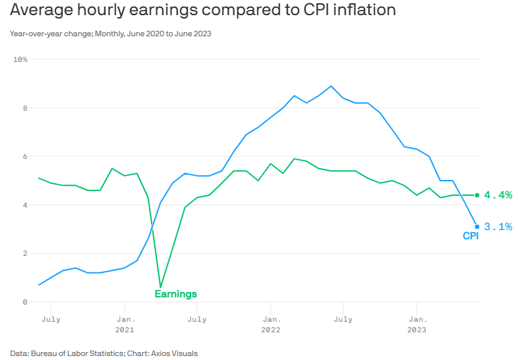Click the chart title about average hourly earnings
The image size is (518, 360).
pyautogui.click(x=203, y=11)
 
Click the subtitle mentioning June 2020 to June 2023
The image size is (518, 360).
pyautogui.click(x=111, y=33)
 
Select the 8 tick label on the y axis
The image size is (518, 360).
pyautogui.click(x=24, y=108)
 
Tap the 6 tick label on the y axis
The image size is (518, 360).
pyautogui.click(x=24, y=157)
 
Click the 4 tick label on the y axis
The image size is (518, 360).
pyautogui.click(x=24, y=205)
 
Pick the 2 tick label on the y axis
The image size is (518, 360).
pyautogui.click(x=24, y=254)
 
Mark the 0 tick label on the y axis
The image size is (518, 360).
pyautogui.click(x=24, y=302)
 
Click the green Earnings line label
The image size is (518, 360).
pyautogui.click(x=175, y=294)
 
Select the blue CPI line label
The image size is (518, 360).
pyautogui.click(x=470, y=236)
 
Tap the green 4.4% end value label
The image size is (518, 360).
pyautogui.click(x=498, y=195)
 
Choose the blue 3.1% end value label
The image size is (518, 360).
pyautogui.click(x=498, y=227)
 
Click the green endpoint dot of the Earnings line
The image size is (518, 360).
pyautogui.click(x=477, y=195)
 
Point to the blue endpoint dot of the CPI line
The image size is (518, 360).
pyautogui.click(x=477, y=226)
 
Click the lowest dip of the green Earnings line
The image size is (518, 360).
pyautogui.click(x=160, y=287)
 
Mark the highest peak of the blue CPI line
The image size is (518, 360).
pyautogui.click(x=331, y=86)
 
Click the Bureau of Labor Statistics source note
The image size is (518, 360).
pyautogui.click(x=103, y=353)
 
